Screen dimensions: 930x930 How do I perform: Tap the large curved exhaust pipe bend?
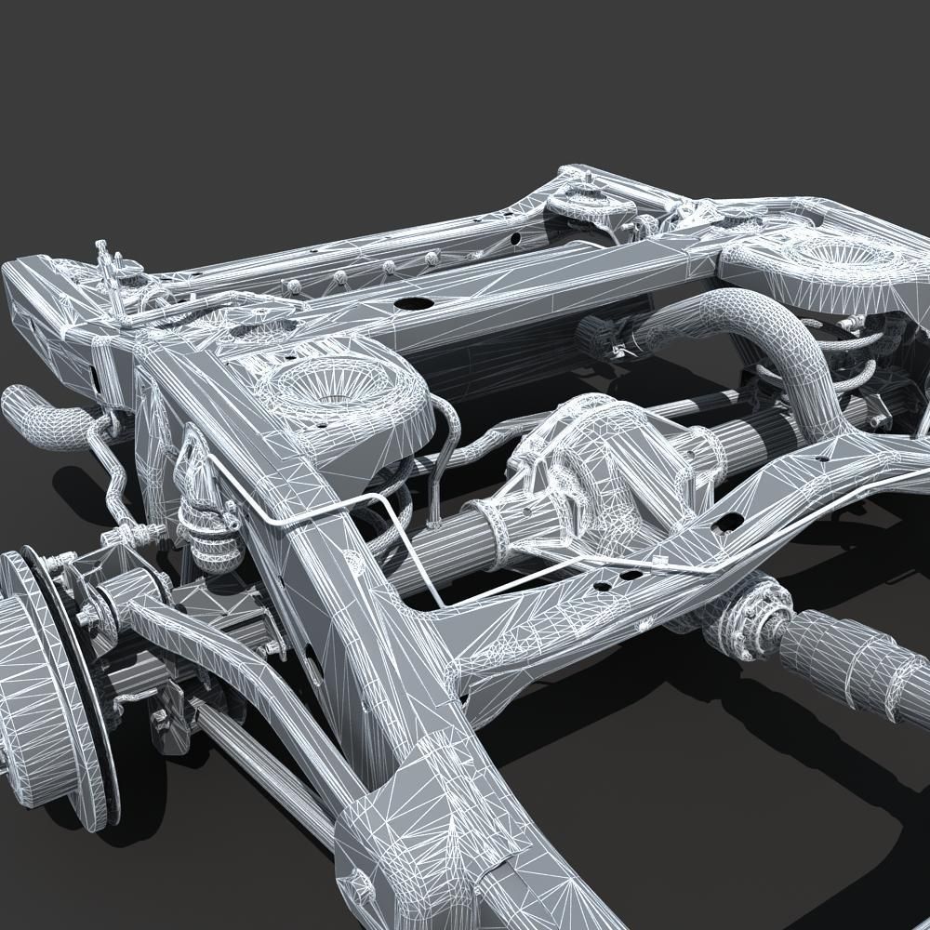click(763, 335)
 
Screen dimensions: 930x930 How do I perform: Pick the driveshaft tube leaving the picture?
click(856, 660)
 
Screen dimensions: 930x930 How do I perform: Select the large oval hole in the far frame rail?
click(409, 303)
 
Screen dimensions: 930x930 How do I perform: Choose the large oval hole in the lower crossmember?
click(731, 521)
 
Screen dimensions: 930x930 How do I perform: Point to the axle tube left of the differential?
click(437, 549)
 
